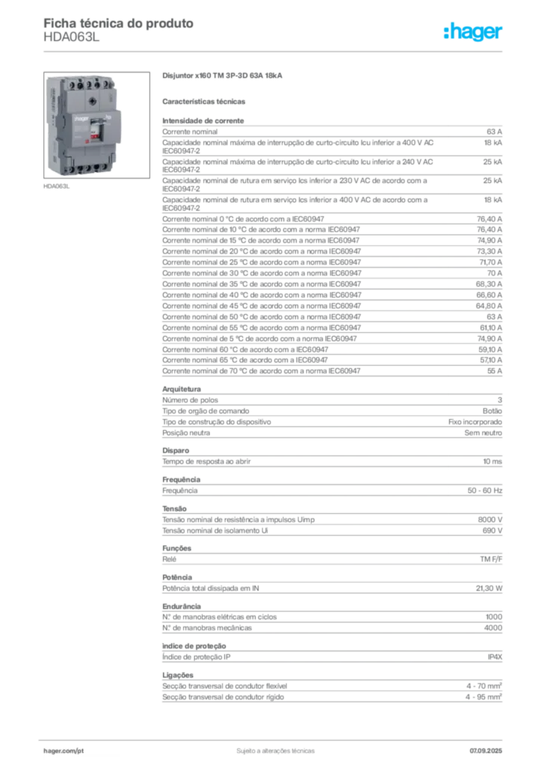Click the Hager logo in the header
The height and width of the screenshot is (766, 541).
(x=473, y=31)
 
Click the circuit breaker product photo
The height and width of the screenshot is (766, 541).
(x=96, y=125)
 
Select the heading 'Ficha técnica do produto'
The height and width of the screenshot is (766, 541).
(x=119, y=23)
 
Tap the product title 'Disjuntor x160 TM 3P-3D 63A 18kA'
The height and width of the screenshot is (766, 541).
(x=222, y=76)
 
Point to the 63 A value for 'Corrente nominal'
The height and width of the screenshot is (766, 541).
(x=494, y=132)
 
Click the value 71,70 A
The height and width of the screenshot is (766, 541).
(x=490, y=263)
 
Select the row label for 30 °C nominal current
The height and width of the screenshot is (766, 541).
(x=262, y=273)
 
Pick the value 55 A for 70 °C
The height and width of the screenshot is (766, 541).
(x=495, y=371)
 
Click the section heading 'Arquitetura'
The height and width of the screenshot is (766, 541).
(x=182, y=389)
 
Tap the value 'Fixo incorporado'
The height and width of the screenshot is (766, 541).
(x=475, y=422)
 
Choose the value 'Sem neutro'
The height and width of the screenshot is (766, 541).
(x=483, y=433)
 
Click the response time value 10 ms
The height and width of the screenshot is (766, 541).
(x=492, y=462)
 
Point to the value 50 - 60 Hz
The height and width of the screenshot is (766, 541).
(x=485, y=491)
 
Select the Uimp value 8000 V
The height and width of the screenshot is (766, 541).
(x=489, y=520)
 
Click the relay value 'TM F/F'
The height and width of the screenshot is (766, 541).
(x=491, y=560)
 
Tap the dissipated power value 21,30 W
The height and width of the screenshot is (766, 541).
(x=489, y=589)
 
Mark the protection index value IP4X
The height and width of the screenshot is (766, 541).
(x=495, y=657)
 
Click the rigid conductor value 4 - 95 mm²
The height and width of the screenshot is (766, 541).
(x=483, y=697)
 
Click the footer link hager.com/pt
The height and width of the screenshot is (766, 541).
(x=64, y=751)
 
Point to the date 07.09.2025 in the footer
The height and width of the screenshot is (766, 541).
(x=486, y=751)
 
